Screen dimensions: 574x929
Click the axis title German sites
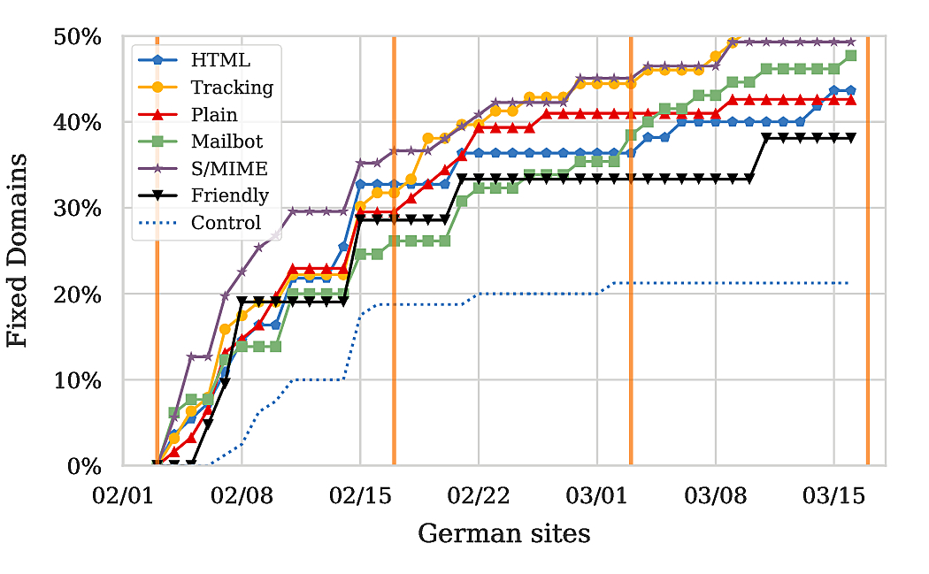click(503, 533)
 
